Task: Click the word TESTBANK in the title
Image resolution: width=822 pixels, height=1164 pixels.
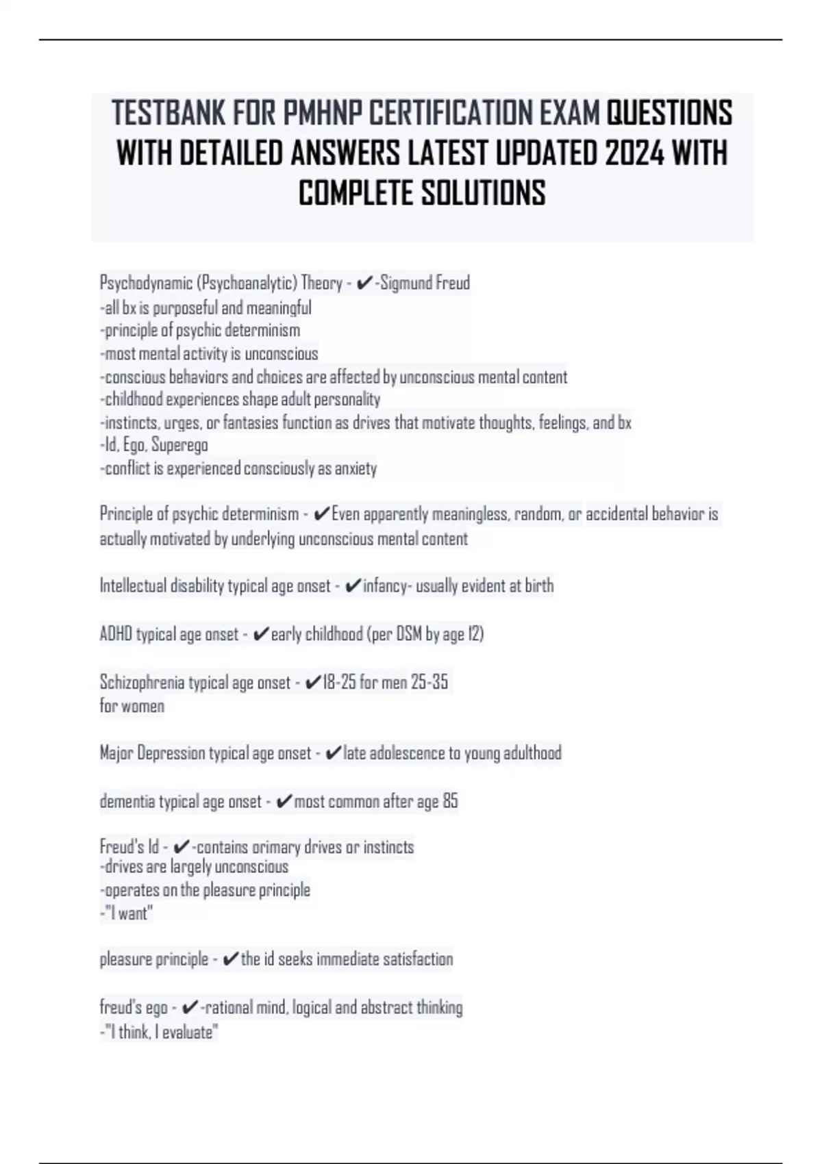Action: (x=169, y=113)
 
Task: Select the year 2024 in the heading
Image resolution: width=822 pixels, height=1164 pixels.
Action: (x=634, y=153)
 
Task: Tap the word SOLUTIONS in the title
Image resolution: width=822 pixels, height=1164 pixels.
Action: (x=483, y=193)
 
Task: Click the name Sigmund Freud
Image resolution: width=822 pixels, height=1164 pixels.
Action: (x=425, y=283)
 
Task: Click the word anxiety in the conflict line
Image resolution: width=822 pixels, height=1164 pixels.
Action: (x=356, y=468)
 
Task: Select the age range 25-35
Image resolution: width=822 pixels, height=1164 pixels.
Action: (x=429, y=682)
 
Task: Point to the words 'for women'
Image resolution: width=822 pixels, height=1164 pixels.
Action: (x=132, y=706)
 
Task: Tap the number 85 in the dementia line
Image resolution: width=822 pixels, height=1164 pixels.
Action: (x=450, y=801)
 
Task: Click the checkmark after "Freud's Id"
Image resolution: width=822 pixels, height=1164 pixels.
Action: (x=182, y=848)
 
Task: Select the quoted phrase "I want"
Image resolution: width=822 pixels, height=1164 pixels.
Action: (x=128, y=913)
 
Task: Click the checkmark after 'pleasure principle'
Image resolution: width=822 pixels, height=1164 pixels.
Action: (x=231, y=959)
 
